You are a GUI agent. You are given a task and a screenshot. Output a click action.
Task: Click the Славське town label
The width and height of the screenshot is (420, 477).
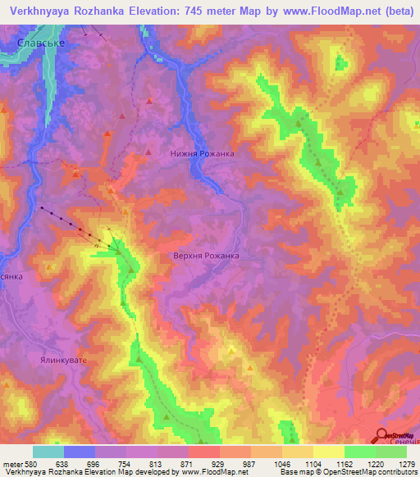coord(42,43)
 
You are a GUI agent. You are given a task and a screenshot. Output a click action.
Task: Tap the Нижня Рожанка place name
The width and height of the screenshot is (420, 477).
coord(202,153)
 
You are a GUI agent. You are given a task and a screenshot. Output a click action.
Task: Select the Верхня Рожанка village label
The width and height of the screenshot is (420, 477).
coord(206,256)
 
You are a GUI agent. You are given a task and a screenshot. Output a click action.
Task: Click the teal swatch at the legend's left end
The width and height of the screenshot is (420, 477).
coord(48,451)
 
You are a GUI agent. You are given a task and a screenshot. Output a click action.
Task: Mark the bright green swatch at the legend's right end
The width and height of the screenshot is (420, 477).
coord(391,451)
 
